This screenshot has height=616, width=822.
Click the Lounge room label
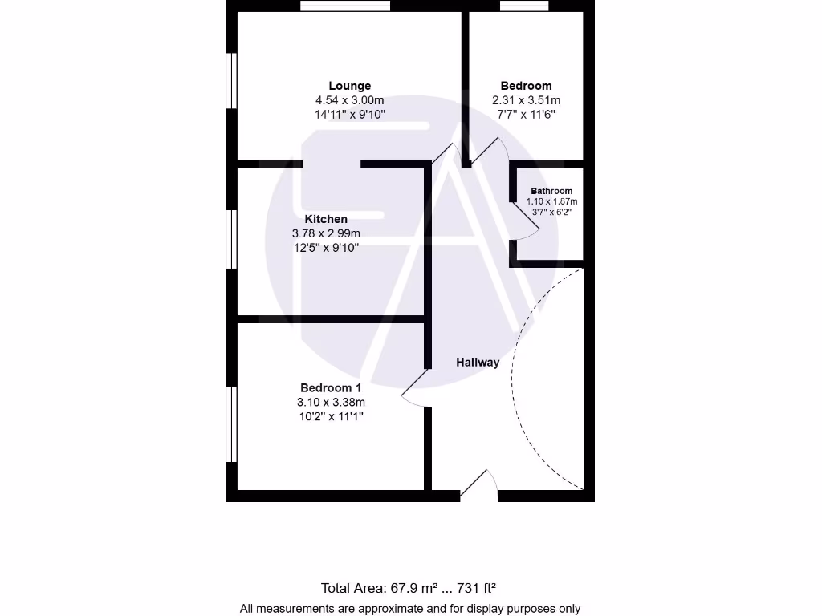tap(349, 86)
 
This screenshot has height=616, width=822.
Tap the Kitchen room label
tap(326, 219)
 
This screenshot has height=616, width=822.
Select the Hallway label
tap(478, 363)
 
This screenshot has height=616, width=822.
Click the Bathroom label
tap(551, 191)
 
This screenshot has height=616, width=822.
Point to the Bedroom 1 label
tap(331, 387)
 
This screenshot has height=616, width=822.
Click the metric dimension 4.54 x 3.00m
tap(349, 100)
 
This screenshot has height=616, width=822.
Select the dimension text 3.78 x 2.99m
tap(326, 233)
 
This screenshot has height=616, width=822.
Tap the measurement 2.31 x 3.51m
tap(526, 100)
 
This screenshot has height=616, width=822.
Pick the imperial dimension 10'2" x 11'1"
tap(331, 416)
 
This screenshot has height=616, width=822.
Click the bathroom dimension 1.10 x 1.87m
tap(551, 201)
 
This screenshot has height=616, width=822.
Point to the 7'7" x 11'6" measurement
tap(526, 115)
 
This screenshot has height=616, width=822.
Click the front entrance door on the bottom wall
tap(479, 485)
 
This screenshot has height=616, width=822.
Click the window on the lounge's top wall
tap(345, 6)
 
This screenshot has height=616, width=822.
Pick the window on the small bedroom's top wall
tap(524, 6)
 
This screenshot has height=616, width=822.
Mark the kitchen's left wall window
tap(231, 239)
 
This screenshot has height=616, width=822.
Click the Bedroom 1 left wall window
tap(231, 424)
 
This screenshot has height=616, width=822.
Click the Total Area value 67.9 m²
tap(410, 588)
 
